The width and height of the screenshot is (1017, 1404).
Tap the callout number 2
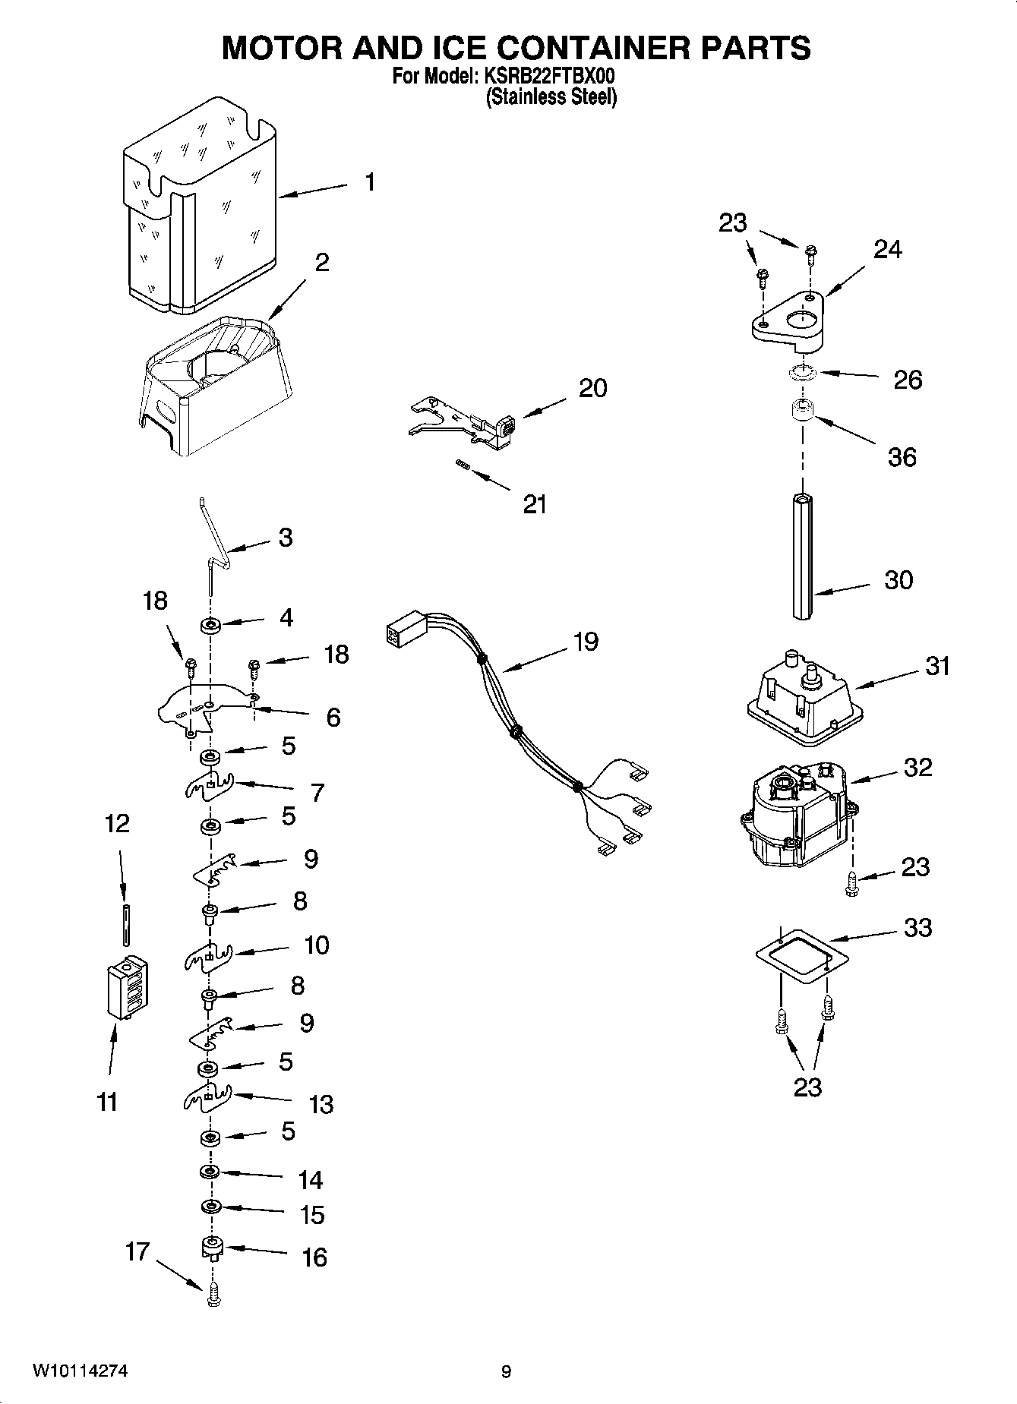322,263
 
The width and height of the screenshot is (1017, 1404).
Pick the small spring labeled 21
460,465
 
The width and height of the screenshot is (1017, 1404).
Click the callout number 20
592,388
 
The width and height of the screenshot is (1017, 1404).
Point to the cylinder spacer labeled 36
801,412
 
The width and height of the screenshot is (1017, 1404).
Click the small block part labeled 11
126,986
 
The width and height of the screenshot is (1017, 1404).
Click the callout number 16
314,1257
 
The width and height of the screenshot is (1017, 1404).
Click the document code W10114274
80,1371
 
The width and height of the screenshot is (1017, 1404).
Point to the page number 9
507,1371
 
